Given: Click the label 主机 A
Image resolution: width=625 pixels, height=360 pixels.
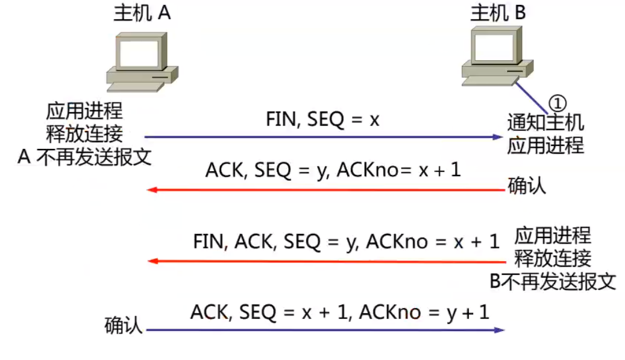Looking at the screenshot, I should click(142, 14).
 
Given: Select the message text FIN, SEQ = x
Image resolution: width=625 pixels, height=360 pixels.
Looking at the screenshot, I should click(322, 119).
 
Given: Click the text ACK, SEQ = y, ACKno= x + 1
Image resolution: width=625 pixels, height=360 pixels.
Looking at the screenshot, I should click(333, 171).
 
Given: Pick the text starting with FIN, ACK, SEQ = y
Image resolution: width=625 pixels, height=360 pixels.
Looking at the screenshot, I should click(346, 242).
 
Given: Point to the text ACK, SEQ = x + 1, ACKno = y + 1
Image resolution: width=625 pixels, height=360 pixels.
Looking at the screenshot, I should click(340, 312).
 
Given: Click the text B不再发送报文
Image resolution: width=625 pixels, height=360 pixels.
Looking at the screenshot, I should click(552, 282).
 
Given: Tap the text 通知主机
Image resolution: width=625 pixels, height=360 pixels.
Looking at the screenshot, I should click(545, 124).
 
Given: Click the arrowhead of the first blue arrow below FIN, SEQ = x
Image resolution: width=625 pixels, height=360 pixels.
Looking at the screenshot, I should click(497, 137).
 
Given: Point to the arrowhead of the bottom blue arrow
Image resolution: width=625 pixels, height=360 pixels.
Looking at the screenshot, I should click(500, 330).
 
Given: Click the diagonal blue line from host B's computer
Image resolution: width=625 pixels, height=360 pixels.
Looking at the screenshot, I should click(533, 95).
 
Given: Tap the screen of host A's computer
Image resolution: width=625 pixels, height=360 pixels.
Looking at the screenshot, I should click(140, 54).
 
